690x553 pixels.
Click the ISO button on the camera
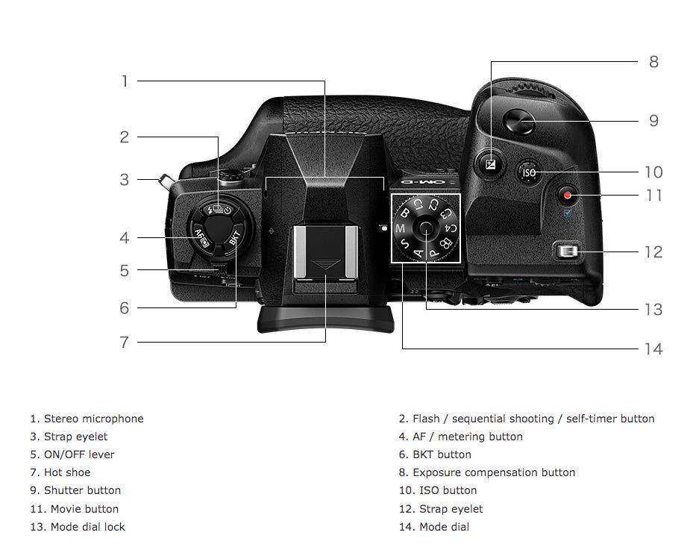click(529, 172)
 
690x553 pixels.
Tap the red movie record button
click(569, 196)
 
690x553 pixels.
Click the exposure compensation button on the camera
click(491, 164)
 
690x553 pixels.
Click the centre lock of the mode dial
click(426, 227)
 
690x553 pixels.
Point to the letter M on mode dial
click(400, 228)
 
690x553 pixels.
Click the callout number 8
click(653, 62)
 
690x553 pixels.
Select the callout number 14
click(653, 349)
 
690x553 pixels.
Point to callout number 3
click(125, 179)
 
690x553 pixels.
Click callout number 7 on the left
click(125, 343)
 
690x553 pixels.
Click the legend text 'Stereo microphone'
click(93, 419)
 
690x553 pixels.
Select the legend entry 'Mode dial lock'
click(87, 527)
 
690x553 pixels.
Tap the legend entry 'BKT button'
click(442, 454)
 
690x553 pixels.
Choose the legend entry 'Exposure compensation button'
click(493, 472)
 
